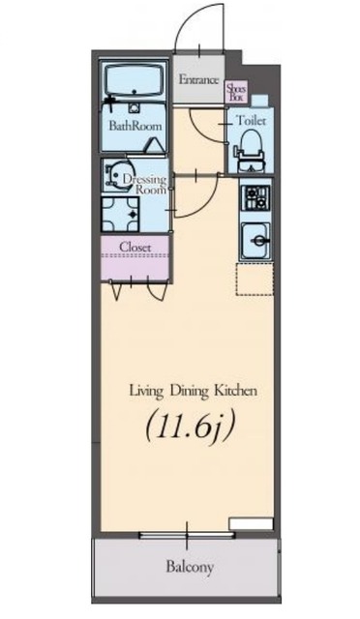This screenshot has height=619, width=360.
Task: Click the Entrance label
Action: pyautogui.click(x=198, y=79)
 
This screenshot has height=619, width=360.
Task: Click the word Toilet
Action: pyautogui.click(x=251, y=120)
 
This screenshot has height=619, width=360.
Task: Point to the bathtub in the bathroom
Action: pyautogui.click(x=134, y=81)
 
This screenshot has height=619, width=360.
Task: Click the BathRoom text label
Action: pyautogui.click(x=135, y=126)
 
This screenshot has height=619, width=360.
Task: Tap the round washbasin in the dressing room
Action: pyautogui.click(x=116, y=174)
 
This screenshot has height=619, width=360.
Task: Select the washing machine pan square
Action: pyautogui.click(x=121, y=214)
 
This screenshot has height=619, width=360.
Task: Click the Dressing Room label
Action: pyautogui.click(x=144, y=184)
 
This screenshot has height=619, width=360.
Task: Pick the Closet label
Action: pyautogui.click(x=135, y=248)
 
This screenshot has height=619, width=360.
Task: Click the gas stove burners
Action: pyautogui.click(x=256, y=197)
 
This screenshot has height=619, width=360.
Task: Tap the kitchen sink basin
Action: pyautogui.click(x=255, y=241)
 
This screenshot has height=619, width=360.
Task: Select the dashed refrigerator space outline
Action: pyautogui.click(x=255, y=279)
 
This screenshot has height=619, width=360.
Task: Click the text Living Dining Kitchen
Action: pyautogui.click(x=194, y=391)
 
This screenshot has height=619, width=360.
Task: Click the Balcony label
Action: pyautogui.click(x=190, y=567)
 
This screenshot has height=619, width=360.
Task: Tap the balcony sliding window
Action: pyautogui.click(x=187, y=536)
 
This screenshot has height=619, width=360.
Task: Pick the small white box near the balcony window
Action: pyautogui.click(x=252, y=524)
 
